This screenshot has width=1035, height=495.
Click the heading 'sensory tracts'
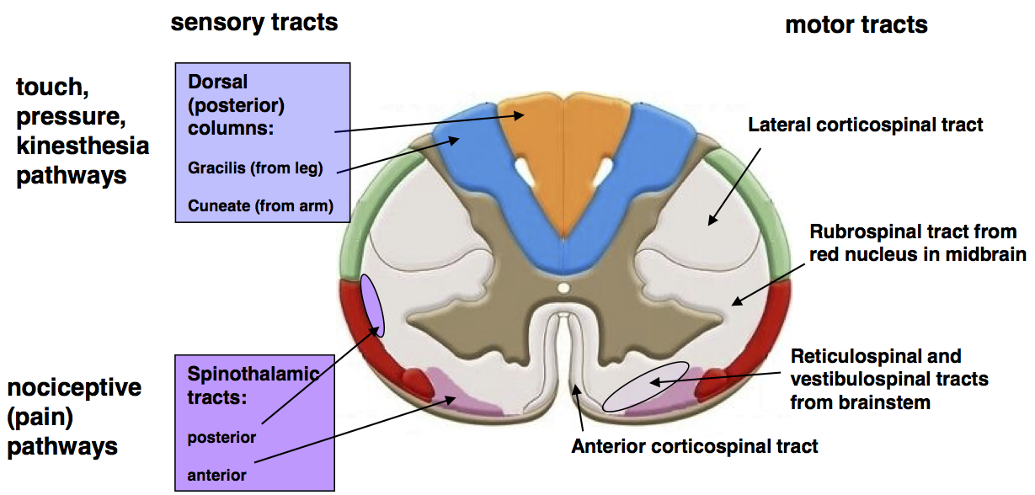click(254, 23)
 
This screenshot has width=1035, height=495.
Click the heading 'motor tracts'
click(856, 25)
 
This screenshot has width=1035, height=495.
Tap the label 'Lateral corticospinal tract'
click(866, 125)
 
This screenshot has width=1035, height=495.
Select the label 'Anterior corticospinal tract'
click(695, 445)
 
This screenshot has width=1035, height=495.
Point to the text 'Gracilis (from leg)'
click(256, 168)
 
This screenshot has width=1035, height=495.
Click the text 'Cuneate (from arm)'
click(261, 205)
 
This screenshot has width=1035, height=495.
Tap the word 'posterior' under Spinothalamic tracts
click(221, 438)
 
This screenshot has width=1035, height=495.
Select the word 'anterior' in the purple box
click(217, 475)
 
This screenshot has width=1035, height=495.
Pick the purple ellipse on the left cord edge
click(372, 304)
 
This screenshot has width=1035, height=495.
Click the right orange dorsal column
click(596, 143)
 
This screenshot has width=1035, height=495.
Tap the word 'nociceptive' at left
click(74, 388)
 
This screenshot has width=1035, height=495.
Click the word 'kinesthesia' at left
click(83, 146)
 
